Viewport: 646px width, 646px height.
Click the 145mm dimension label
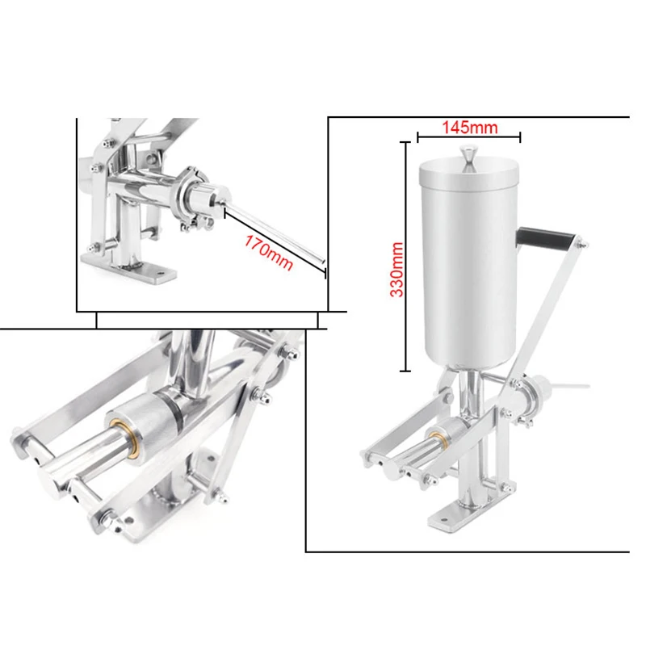click(469, 127)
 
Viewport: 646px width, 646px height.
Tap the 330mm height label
click(396, 269)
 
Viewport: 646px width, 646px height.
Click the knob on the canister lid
click(468, 154)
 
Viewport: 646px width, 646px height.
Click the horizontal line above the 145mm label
click(468, 137)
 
